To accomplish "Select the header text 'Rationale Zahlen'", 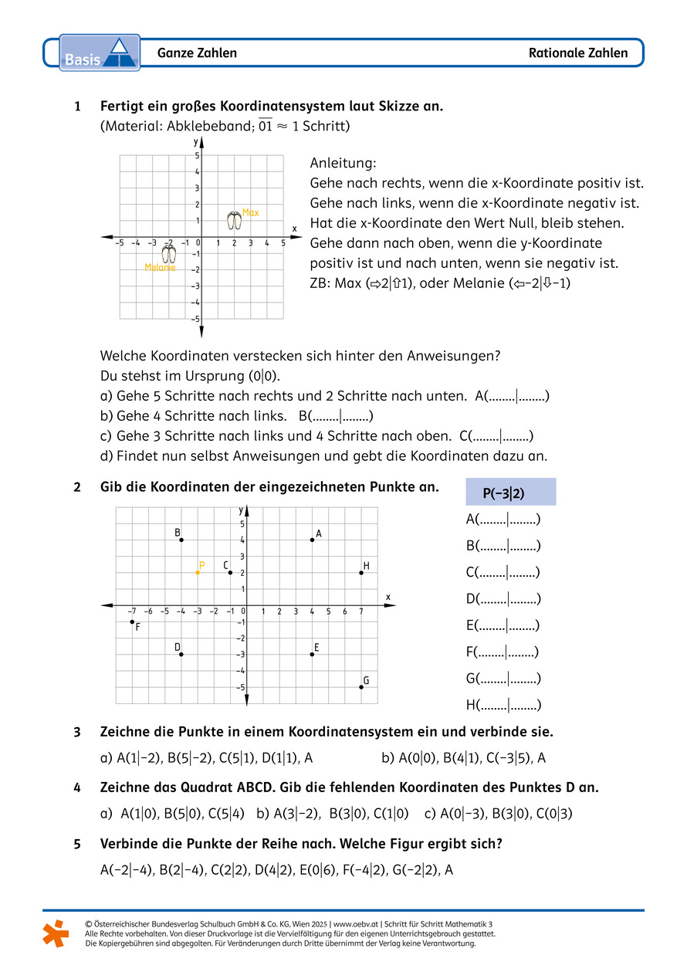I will [x=578, y=53].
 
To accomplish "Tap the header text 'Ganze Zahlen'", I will [x=197, y=53].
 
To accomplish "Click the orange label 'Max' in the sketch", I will [x=250, y=212].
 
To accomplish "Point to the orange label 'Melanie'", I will [x=160, y=268].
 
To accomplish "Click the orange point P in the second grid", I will [x=198, y=572].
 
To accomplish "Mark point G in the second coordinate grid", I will [x=360, y=687].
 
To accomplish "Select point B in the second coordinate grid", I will [x=181, y=540].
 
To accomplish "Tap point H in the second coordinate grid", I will [x=360, y=572].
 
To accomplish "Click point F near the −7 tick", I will [x=132, y=621].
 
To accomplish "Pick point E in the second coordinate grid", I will [x=312, y=654].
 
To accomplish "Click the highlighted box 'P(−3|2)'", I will [x=510, y=493].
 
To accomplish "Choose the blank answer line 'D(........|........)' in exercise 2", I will [x=503, y=599].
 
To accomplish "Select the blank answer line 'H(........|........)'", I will [x=503, y=705].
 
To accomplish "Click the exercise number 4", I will [x=77, y=787].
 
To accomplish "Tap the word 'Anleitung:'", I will [x=343, y=164].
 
